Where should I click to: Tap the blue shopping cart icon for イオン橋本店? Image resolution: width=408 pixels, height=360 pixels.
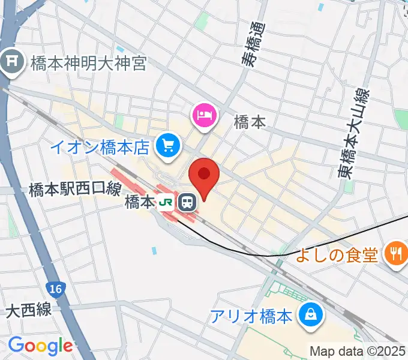click(x=167, y=145)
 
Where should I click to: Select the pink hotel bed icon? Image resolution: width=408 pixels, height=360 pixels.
click(x=203, y=114)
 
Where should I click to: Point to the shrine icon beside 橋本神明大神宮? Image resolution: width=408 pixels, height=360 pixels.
click(x=11, y=62)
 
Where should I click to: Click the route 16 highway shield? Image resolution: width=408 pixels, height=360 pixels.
click(x=55, y=289)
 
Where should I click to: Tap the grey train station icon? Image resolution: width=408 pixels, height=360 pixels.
click(x=188, y=203)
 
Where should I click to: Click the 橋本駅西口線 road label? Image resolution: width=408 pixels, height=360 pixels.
click(x=75, y=190)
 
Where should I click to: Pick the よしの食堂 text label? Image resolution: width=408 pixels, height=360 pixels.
click(x=337, y=256)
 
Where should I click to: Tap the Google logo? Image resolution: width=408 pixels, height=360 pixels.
click(x=40, y=346)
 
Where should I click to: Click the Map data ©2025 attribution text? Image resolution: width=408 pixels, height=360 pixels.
click(x=358, y=350)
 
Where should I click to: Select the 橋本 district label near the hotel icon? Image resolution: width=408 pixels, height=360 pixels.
click(x=250, y=122)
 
